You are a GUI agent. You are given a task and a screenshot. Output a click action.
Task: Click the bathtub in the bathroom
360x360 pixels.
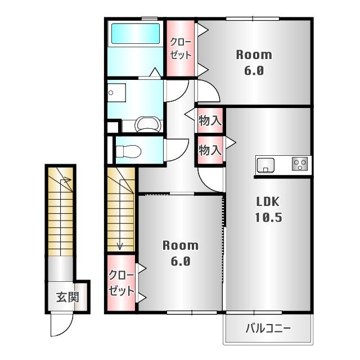pyautogui.click(x=136, y=34)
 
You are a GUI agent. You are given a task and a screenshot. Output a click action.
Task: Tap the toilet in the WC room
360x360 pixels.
pyautogui.click(x=129, y=151)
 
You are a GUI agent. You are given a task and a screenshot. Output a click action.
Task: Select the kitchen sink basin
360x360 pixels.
pyautogui.click(x=265, y=165)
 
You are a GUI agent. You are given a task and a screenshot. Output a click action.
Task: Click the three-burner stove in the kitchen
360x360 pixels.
pyautogui.click(x=300, y=164)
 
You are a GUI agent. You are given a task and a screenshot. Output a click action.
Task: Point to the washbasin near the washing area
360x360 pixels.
pyautogui.click(x=148, y=124)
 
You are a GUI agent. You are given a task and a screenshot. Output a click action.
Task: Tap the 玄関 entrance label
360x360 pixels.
pyautogui.click(x=67, y=297)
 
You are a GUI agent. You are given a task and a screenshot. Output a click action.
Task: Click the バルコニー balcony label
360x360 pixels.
pyautogui.click(x=268, y=328)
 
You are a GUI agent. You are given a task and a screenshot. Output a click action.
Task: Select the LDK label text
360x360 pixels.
pyautogui.click(x=268, y=202)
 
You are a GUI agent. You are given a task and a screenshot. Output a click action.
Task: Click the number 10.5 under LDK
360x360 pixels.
pyautogui.click(x=268, y=217)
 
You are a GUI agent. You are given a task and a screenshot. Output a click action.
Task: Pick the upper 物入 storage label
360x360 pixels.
pyautogui.click(x=210, y=120)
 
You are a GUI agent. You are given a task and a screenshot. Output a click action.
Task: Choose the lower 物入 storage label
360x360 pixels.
pyautogui.click(x=210, y=150)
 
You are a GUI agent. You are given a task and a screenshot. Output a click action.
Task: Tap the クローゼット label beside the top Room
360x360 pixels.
pyautogui.click(x=181, y=49)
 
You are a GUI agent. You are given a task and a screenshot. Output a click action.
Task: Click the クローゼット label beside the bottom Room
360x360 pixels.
pyautogui.click(x=121, y=283)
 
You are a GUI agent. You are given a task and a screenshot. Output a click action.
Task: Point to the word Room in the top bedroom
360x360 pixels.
pyautogui.click(x=254, y=55)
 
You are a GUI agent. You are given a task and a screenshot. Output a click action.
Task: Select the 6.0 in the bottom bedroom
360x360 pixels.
pyautogui.click(x=181, y=261)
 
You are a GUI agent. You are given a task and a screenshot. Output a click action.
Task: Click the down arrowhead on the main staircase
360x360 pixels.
pyautogui.click(x=120, y=247)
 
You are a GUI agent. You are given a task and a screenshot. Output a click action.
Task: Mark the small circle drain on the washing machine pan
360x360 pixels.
pyautogui.click(x=111, y=93)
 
